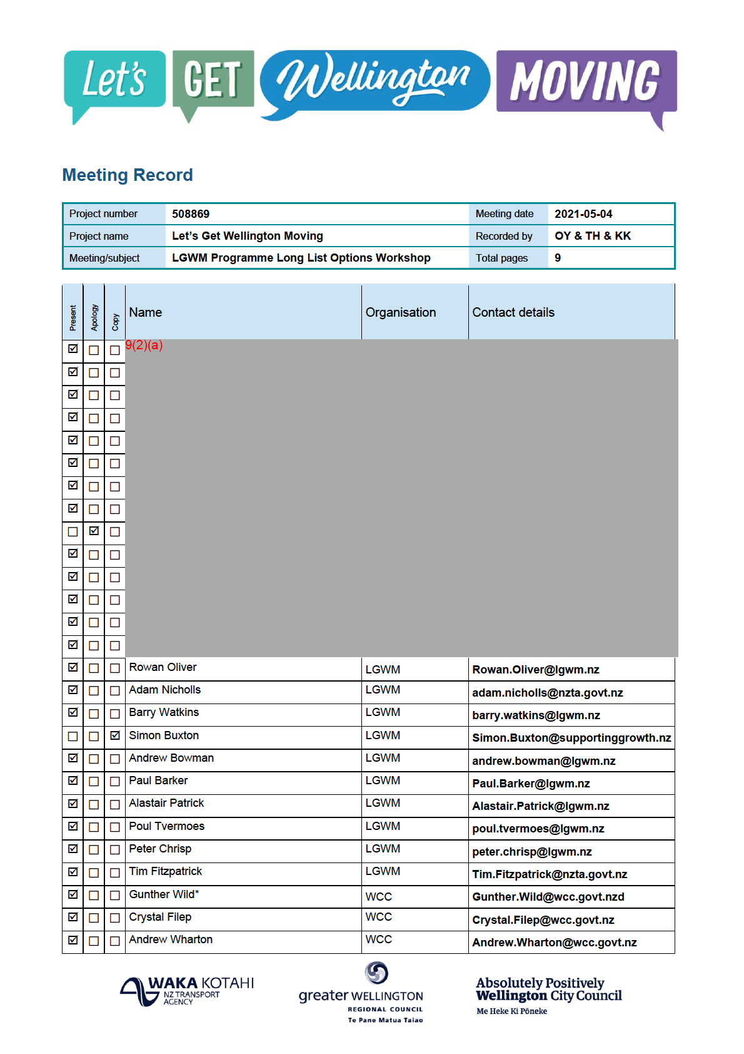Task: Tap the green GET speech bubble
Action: coord(213,79)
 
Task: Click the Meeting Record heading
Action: coord(128,175)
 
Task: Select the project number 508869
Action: coord(191,214)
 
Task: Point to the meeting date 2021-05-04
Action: coord(583,214)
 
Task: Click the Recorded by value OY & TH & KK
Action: coord(593,236)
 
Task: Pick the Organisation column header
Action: coord(401,312)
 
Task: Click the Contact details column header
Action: coord(513,312)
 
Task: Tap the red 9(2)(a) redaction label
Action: coord(144,345)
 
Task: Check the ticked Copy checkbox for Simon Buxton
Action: coord(115,736)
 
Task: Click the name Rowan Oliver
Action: coord(163,667)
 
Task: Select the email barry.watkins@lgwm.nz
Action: coord(536,715)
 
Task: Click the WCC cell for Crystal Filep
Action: coord(379,917)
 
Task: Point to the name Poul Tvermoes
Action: coord(166,826)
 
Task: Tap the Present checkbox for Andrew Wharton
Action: coord(73,940)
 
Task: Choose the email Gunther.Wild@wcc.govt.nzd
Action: coord(548,897)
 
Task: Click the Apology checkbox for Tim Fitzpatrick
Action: coord(94,872)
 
